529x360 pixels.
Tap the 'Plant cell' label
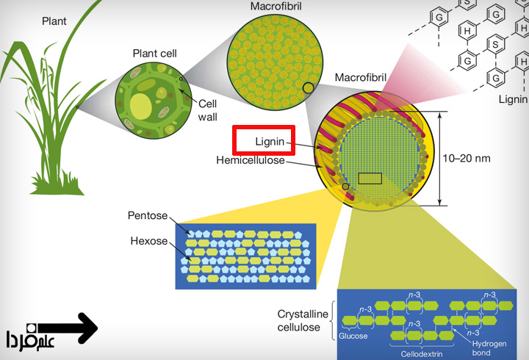154,53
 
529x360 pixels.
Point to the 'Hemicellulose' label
251,159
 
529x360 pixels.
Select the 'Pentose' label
148,217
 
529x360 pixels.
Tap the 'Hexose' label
149,241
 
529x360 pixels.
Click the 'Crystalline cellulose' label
300,320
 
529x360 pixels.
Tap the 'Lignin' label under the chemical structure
513,97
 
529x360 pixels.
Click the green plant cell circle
151,101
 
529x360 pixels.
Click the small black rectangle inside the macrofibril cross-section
370,179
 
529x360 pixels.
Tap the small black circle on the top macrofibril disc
309,88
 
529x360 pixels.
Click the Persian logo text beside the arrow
25,339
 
